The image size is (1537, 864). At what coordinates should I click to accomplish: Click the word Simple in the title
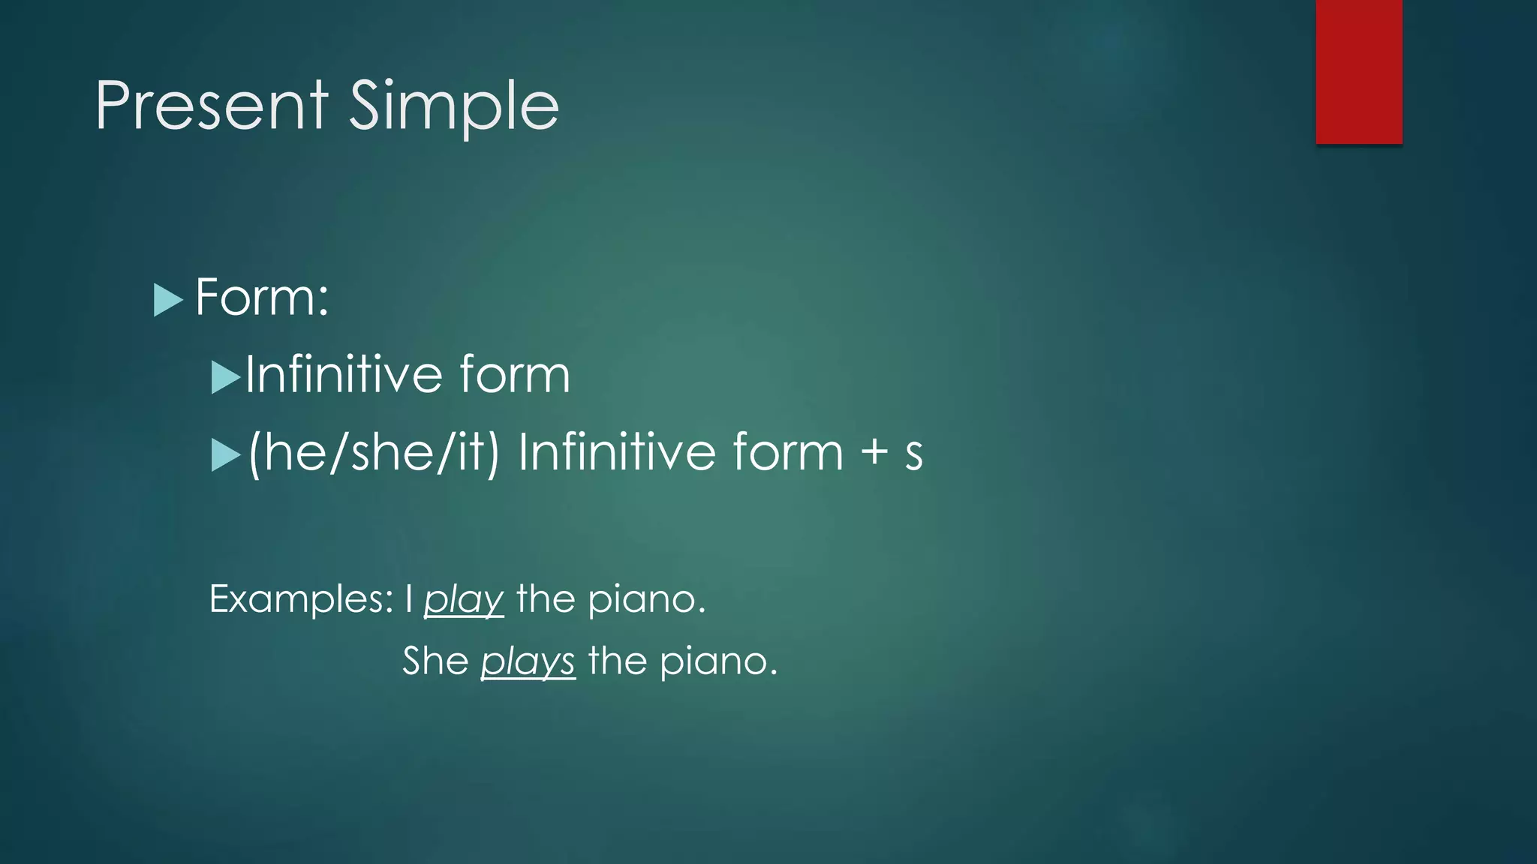coord(454,106)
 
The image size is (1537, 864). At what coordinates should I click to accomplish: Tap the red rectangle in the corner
coord(1358,72)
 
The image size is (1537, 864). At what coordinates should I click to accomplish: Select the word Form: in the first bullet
coord(262,298)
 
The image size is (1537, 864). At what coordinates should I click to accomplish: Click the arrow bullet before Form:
coord(167,300)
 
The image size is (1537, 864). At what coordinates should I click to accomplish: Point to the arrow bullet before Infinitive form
coord(225,377)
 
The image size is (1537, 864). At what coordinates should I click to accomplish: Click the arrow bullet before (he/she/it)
coord(225,455)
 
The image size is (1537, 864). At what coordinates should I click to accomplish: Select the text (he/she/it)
coord(373,452)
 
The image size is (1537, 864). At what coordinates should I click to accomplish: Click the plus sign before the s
coord(874,452)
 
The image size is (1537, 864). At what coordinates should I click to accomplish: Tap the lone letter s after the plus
coord(913,454)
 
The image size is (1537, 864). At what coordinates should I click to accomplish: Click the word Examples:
coord(301,598)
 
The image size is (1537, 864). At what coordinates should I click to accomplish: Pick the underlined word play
coord(463,600)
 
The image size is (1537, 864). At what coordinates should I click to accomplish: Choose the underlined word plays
coord(528,661)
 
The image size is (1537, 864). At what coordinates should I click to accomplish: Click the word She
coord(435,661)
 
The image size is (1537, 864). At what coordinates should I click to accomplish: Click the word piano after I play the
coord(645,599)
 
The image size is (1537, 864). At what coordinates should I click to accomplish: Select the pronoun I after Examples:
coord(409,598)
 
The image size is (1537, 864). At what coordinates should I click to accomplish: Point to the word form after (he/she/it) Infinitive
coord(788,452)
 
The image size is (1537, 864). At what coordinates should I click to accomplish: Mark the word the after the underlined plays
coord(617,661)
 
